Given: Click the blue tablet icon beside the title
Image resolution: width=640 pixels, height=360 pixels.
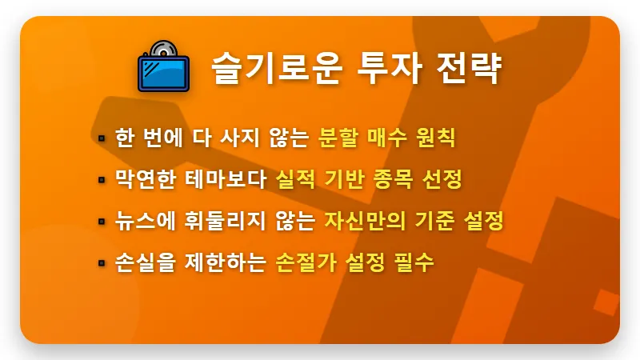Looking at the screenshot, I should [163, 70].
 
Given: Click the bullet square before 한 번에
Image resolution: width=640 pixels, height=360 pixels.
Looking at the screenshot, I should [102, 138].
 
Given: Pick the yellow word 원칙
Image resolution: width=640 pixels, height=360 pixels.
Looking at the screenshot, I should [435, 137].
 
